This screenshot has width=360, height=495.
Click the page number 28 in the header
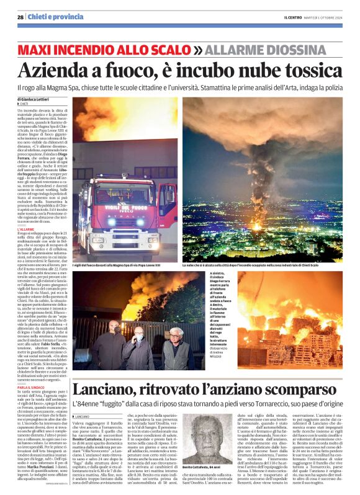pyautogui.click(x=20, y=17)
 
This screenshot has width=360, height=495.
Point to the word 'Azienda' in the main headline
pyautogui.click(x=65, y=69)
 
